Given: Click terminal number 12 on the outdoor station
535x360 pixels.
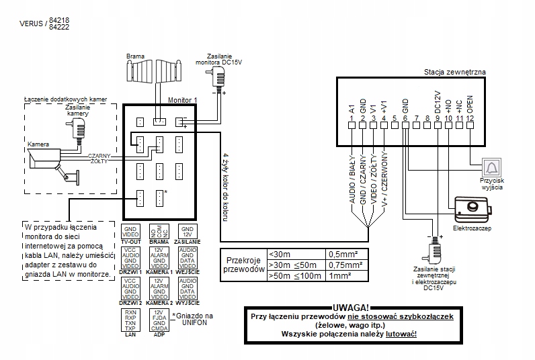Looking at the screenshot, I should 469,119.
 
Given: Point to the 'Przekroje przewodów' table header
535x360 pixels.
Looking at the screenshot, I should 243,265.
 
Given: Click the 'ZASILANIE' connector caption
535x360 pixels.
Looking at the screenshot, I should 186,240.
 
